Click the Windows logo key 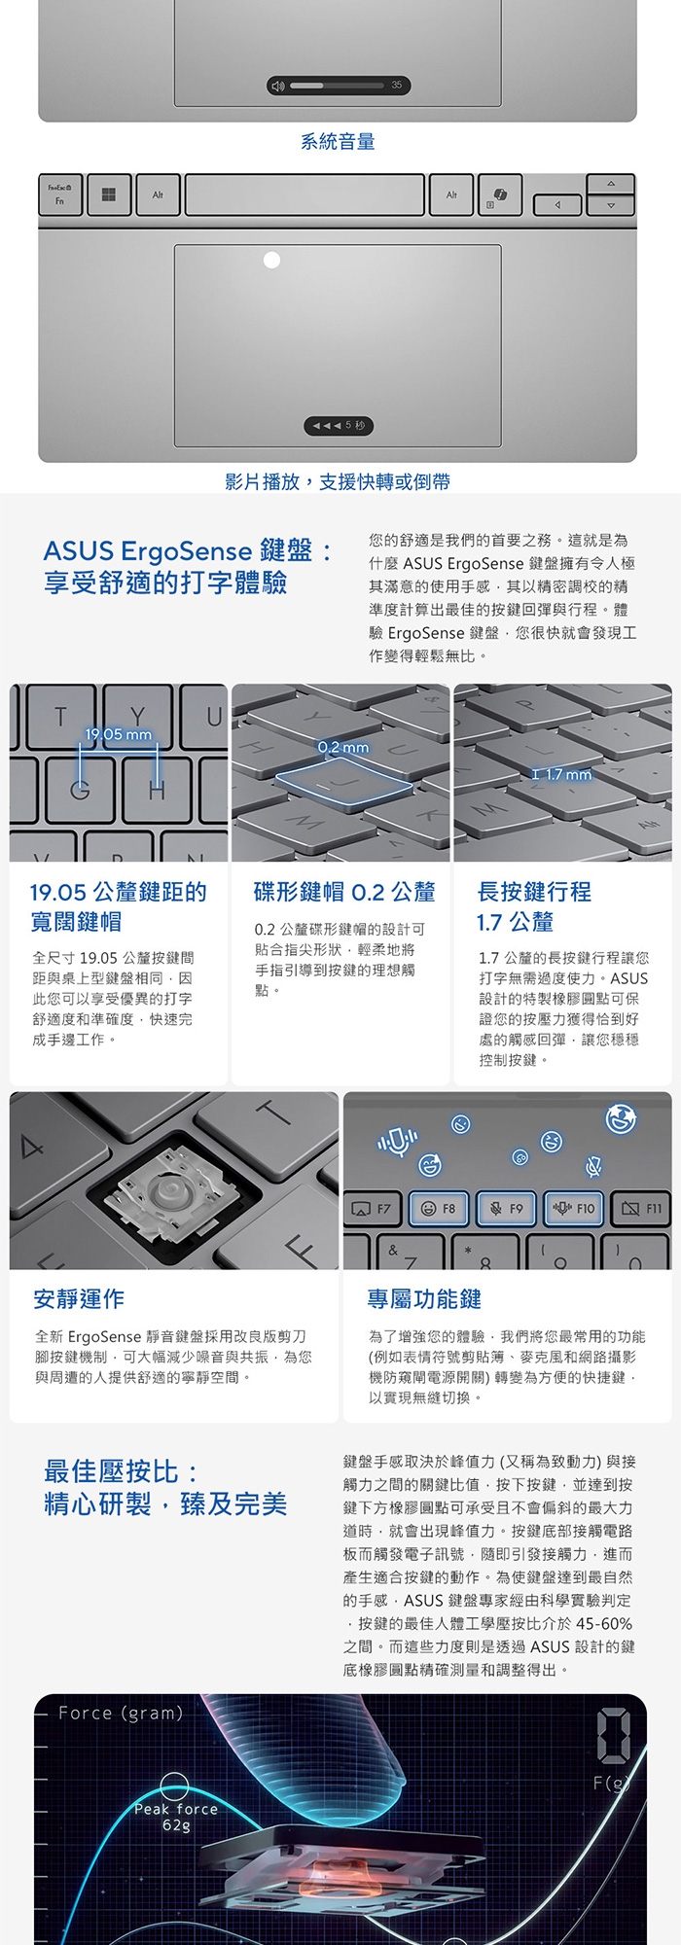click(108, 194)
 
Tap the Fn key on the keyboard click(60, 194)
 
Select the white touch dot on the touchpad click(272, 260)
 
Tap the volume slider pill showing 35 click(339, 86)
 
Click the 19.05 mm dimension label click(119, 734)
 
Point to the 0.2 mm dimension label click(343, 747)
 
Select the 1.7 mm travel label click(568, 774)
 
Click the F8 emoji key click(439, 1208)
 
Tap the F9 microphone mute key click(506, 1208)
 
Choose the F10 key click(574, 1208)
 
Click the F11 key click(642, 1208)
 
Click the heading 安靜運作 click(79, 1298)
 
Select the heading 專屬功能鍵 click(424, 1298)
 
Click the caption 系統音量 click(338, 141)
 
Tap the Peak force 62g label click(176, 1816)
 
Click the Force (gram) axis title click(121, 1713)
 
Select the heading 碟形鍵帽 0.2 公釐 click(344, 892)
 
